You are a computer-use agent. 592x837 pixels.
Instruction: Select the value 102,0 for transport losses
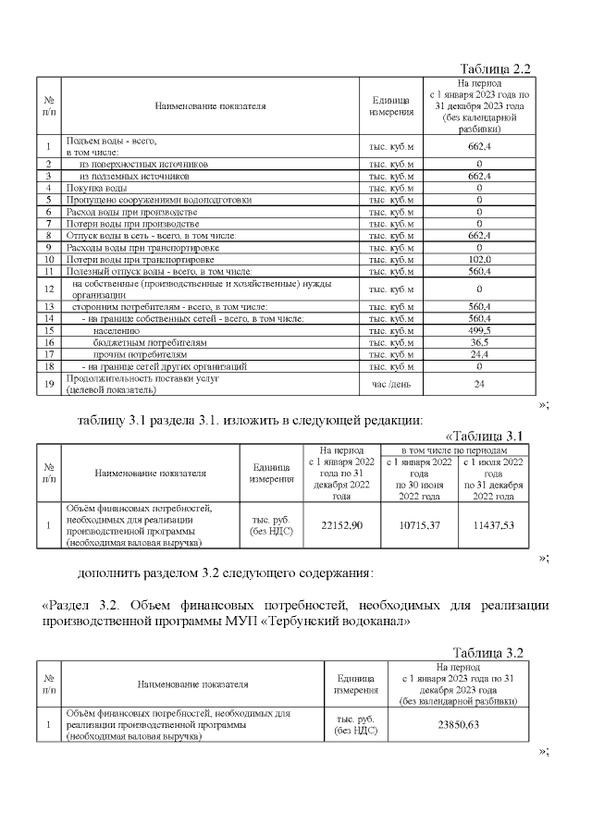tap(479, 260)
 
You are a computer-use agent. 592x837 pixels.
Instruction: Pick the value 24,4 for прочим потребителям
tap(479, 354)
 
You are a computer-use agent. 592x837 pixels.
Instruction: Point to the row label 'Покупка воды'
tap(90, 188)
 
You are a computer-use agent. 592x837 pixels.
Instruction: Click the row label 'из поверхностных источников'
tap(142, 163)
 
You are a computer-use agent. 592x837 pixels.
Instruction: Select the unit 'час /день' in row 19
tap(391, 384)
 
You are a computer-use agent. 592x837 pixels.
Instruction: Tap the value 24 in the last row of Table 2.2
tap(479, 384)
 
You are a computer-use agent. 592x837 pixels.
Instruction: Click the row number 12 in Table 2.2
tap(48, 289)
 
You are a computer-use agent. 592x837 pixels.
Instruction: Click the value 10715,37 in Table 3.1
tap(417, 525)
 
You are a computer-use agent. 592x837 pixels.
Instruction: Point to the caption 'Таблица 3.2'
tap(488, 652)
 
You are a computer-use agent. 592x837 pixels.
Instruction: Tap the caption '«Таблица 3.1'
tap(485, 436)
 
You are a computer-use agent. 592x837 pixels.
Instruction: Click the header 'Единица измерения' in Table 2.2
tap(391, 105)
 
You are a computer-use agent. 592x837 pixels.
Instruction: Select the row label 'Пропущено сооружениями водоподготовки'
tap(158, 200)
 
